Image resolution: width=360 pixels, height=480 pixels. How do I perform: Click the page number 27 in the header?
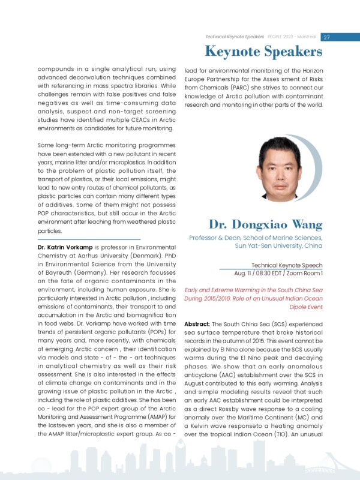point(326,37)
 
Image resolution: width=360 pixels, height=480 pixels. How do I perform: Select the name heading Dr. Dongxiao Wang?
point(265,225)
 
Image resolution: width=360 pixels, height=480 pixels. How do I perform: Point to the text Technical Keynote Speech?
point(287,265)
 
